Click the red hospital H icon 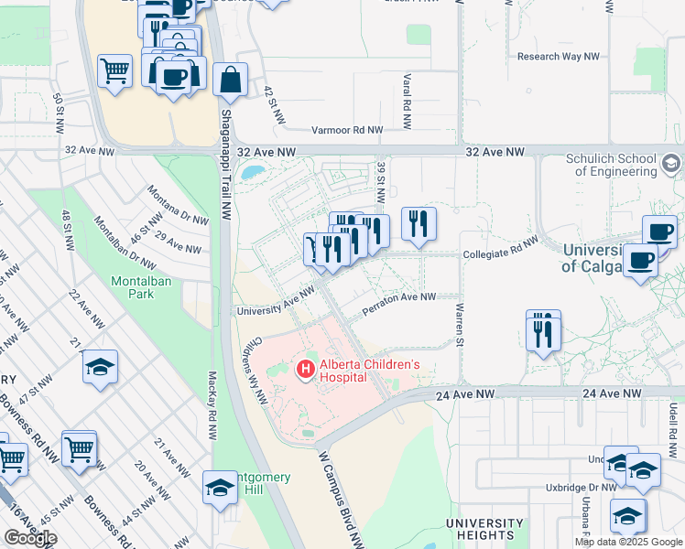(x=304, y=370)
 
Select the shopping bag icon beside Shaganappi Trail (x=230, y=80)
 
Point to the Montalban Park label (x=133, y=287)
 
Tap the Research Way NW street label (x=559, y=57)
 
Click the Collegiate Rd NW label (x=500, y=245)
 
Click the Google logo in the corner (x=30, y=537)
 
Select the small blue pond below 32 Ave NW (x=251, y=171)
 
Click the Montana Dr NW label (x=179, y=206)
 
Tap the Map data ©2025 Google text (x=627, y=542)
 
